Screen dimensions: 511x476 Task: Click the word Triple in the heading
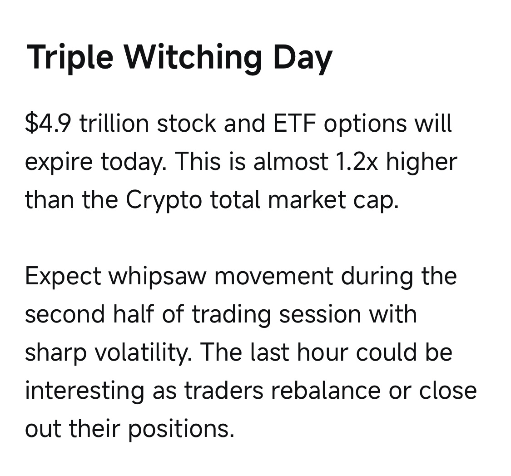[x=70, y=57]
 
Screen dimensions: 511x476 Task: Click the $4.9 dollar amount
[x=48, y=123]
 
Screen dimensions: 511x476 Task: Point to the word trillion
[x=114, y=123]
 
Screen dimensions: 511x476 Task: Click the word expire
[x=59, y=163]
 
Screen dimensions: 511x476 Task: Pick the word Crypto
[x=164, y=200]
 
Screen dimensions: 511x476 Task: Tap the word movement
[x=274, y=276]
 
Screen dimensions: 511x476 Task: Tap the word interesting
[x=85, y=391]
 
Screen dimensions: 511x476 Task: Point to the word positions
[x=181, y=429]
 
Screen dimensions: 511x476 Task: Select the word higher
[x=422, y=162]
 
